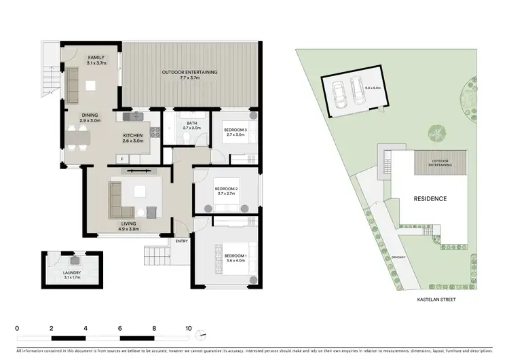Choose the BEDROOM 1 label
coord(225,254)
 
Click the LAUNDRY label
coord(72,274)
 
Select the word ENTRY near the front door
coord(182,241)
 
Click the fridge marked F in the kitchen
coord(121,159)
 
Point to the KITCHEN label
coord(133,136)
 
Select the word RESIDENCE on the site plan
coord(430,198)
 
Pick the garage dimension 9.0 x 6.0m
coord(374,88)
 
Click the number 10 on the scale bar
coord(189,327)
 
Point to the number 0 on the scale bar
coord(17,327)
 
